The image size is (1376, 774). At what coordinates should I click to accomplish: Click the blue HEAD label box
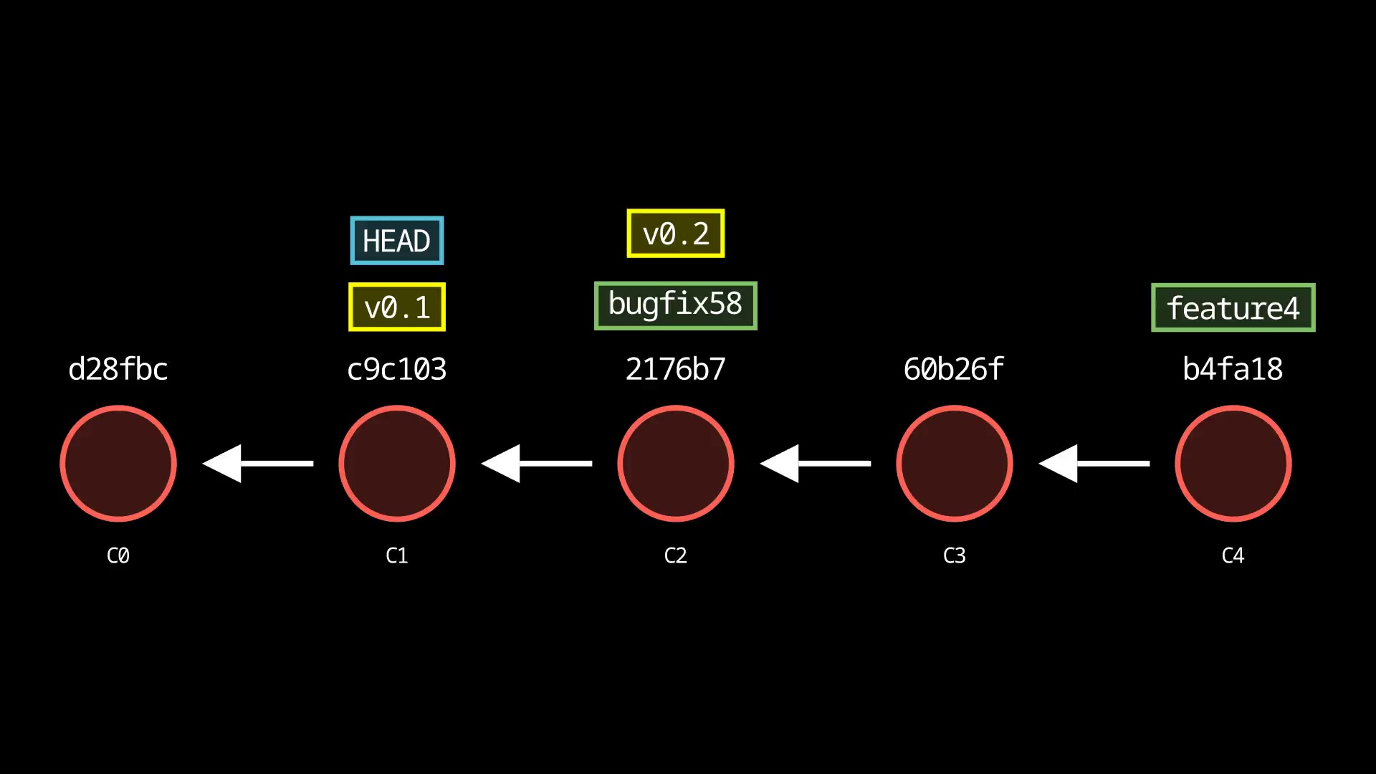coord(396,241)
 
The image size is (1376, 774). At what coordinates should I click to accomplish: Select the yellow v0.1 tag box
coord(396,307)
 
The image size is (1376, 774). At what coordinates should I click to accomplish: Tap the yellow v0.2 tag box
coord(675,234)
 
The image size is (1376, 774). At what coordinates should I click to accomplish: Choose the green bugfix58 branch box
coord(675,305)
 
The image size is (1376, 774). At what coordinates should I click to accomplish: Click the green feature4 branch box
coord(1233,308)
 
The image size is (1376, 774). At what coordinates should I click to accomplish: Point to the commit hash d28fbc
coord(118,369)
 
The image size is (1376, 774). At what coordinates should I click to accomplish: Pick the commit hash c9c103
coord(396,369)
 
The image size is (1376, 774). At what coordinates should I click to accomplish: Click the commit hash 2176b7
coord(675,369)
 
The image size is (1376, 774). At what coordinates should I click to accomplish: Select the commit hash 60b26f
coord(954,369)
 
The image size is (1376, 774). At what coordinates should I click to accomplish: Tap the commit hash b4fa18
coord(1233,369)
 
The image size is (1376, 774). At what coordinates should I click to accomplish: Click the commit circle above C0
coord(118,464)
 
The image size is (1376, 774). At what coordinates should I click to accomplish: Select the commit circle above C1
coord(396,464)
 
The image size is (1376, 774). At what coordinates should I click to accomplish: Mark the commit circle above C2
coord(675,464)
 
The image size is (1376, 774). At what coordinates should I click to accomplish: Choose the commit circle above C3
coord(954,464)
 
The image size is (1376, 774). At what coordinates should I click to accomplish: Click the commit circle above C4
coord(1233,464)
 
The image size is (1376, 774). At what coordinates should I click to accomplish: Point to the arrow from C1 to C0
coord(258,464)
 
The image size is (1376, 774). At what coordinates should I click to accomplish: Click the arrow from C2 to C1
coord(537,464)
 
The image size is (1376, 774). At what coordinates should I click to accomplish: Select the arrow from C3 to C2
coord(816,464)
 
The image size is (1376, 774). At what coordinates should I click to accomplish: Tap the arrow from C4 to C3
coord(1094,464)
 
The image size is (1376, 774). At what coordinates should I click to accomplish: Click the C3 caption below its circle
coord(954,555)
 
